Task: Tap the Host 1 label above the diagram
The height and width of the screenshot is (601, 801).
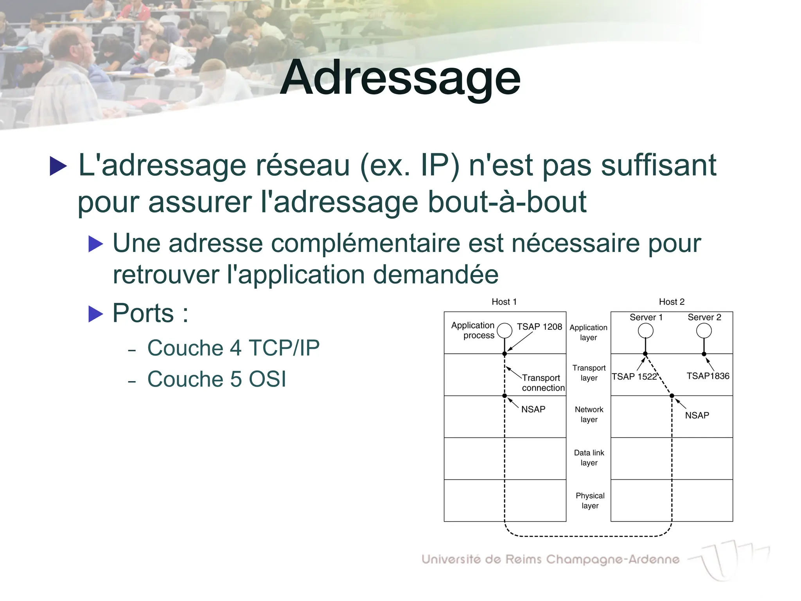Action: click(504, 302)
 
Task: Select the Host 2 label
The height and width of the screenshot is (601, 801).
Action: click(671, 302)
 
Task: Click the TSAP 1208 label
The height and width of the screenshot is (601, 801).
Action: click(539, 327)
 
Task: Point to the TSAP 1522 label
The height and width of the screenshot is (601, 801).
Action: click(634, 376)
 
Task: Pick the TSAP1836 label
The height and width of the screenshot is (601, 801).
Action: click(708, 376)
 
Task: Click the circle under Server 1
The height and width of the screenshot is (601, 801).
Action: click(645, 331)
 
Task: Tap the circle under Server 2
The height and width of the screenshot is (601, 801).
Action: click(704, 331)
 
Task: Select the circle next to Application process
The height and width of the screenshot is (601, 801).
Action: click(505, 331)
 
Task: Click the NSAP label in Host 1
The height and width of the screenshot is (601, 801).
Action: click(533, 409)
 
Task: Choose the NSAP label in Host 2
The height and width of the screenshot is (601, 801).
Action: click(697, 416)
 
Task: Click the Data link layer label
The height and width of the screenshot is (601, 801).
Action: click(589, 458)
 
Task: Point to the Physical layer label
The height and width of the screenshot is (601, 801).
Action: click(590, 501)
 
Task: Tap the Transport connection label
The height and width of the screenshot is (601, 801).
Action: click(542, 383)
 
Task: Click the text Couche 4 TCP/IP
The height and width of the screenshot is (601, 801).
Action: click(233, 348)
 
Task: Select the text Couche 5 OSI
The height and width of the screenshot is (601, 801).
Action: click(217, 379)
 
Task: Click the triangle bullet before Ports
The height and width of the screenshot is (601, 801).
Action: click(95, 314)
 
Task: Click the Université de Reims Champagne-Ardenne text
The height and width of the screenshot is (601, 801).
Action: click(550, 559)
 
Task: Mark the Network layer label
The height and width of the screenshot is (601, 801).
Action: click(589, 414)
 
